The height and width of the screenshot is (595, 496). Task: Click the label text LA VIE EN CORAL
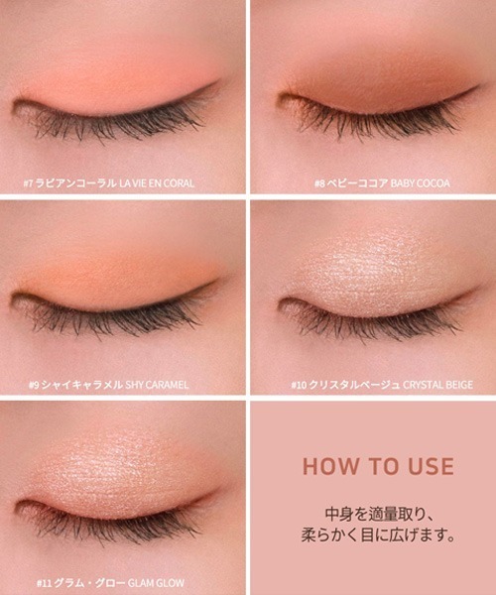[157, 183]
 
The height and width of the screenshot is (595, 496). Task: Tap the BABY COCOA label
[420, 183]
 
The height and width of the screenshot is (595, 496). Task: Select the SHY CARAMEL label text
[157, 385]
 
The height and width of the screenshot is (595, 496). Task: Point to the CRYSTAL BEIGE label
[437, 385]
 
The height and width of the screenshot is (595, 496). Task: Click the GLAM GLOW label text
[156, 583]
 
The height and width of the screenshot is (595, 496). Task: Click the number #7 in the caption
[29, 183]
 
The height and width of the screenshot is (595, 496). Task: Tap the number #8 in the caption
[319, 183]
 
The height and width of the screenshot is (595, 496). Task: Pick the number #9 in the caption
[34, 385]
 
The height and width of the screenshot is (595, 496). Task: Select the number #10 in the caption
[299, 385]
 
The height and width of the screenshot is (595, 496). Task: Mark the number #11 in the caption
[44, 583]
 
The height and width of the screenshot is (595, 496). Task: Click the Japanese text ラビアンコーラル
[76, 183]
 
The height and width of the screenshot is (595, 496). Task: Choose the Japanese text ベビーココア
[357, 183]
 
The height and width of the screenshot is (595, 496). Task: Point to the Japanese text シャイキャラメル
[82, 385]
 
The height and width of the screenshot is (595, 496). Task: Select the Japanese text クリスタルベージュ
[354, 385]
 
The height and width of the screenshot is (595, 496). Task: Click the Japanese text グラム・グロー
[89, 583]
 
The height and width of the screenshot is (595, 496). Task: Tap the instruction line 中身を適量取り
[379, 515]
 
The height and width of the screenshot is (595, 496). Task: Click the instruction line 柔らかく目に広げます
[378, 535]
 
